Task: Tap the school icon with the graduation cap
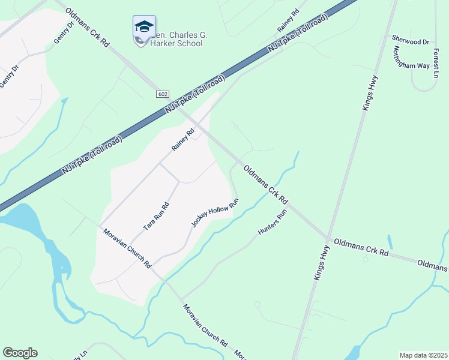[x=144, y=28]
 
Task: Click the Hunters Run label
[x=273, y=222]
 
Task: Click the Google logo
[x=20, y=353]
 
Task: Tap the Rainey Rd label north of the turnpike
[x=288, y=20]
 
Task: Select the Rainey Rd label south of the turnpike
[x=183, y=140]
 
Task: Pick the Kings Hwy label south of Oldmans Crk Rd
[x=322, y=263]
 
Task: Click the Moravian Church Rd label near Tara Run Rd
[x=127, y=248]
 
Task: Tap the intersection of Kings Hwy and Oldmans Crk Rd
[x=328, y=238]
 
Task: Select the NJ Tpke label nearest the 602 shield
[x=196, y=97]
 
